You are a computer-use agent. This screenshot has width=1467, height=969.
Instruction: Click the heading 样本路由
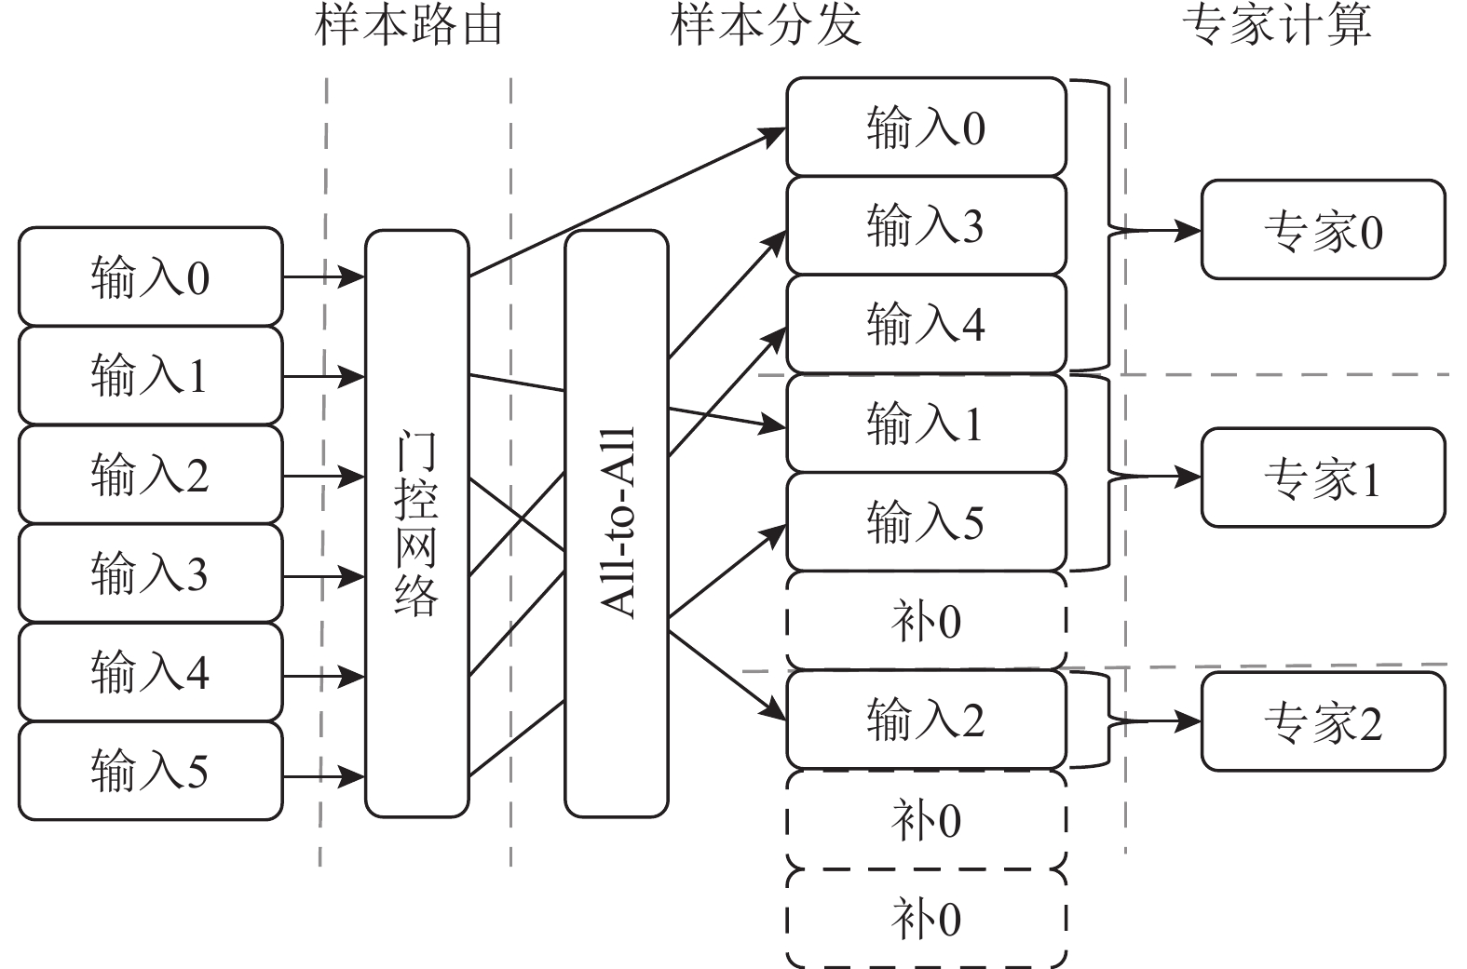pos(409,25)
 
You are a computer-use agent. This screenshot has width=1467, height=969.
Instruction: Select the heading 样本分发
pos(765,25)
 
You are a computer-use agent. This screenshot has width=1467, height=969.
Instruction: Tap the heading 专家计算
pos(1277,25)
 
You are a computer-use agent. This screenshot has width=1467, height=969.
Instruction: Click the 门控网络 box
pos(416,523)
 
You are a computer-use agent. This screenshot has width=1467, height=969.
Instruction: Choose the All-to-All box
pos(617,523)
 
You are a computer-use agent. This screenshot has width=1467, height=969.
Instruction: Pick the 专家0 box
pos(1323,231)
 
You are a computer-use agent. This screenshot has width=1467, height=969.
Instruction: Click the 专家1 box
pos(1323,478)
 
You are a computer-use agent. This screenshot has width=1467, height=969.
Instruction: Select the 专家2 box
pos(1323,721)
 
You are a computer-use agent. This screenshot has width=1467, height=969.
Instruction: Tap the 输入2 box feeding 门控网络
pos(150,475)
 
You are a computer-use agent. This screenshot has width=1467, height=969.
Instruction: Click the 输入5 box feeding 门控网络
pos(150,771)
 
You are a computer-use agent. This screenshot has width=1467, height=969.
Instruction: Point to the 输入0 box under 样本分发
pos(926,127)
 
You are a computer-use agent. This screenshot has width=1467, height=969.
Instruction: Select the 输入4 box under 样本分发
pos(926,324)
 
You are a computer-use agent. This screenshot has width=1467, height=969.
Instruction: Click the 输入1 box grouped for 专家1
pos(926,424)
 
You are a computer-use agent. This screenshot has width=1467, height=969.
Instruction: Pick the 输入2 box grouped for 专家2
pos(926,720)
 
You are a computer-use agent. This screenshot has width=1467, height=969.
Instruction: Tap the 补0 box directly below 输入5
pos(926,620)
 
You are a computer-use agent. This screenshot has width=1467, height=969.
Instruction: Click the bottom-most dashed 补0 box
pos(926,919)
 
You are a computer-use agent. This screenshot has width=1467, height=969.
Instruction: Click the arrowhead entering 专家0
pos(1189,230)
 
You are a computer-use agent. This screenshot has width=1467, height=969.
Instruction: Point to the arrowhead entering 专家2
pos(1189,720)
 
